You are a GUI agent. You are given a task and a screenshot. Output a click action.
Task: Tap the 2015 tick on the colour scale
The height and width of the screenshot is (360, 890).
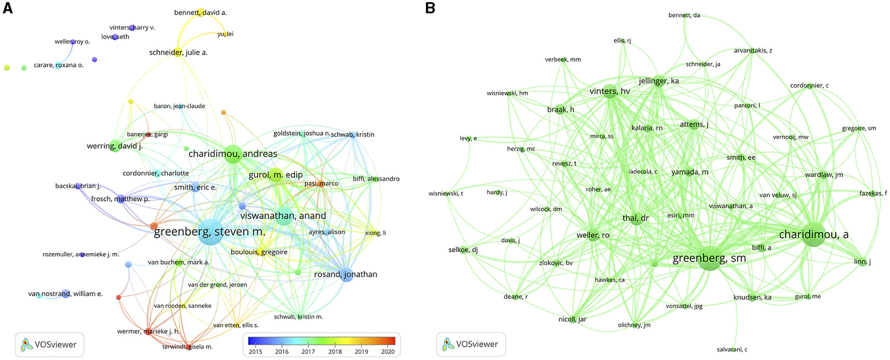(x=255, y=351)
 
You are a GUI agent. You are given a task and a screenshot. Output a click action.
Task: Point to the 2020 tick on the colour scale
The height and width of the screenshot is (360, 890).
(x=388, y=351)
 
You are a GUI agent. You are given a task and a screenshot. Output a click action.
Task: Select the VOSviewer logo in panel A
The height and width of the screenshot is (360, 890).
(x=49, y=345)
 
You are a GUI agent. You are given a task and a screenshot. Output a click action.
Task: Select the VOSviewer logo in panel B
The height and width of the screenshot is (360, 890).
(x=471, y=344)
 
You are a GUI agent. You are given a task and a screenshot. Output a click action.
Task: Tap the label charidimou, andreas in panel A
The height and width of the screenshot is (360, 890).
(x=233, y=154)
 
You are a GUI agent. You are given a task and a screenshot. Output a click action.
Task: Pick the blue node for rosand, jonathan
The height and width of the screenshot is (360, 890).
(x=347, y=275)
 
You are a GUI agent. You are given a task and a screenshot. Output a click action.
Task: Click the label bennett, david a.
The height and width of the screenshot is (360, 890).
(x=200, y=13)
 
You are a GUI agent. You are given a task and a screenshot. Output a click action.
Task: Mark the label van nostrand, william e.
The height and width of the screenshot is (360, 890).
(x=65, y=294)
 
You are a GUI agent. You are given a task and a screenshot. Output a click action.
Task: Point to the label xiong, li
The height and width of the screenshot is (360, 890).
(x=375, y=233)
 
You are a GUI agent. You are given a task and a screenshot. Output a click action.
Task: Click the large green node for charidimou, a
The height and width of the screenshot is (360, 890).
(x=813, y=234)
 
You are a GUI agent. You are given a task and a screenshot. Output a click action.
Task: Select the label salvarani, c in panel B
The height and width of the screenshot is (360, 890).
(x=732, y=349)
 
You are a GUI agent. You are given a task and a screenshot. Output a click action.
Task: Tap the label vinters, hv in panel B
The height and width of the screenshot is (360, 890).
(x=609, y=91)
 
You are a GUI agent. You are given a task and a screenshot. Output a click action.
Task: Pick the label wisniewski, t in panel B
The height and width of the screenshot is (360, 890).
(x=446, y=194)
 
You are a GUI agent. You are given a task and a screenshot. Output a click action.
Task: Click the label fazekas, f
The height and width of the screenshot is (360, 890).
(x=873, y=193)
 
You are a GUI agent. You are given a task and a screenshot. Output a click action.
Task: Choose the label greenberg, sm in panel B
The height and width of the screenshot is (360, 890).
(x=709, y=259)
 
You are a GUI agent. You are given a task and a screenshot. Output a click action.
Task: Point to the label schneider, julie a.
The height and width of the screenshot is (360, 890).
(x=178, y=52)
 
